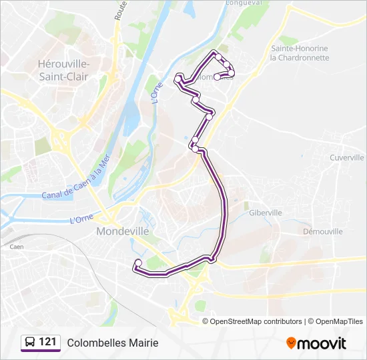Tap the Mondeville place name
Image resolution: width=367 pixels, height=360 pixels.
tap(123, 231)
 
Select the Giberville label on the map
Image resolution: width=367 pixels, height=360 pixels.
tap(265, 213)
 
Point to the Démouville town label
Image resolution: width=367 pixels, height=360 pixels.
tap(322, 231)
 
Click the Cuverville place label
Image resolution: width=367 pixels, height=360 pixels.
tap(347, 158)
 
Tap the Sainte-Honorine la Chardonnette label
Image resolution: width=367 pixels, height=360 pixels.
tap(300, 53)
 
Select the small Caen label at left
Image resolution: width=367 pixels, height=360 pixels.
tap(17, 247)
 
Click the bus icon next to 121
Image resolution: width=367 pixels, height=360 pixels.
tap(30, 343)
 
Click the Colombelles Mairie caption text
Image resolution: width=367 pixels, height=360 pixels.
tap(113, 343)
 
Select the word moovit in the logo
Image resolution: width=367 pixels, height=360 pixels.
tap(322, 343)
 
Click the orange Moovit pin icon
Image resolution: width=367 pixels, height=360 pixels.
tap(291, 343)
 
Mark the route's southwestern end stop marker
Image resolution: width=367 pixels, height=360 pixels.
tap(137, 263)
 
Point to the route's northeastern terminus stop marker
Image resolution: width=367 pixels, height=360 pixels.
tap(217, 77)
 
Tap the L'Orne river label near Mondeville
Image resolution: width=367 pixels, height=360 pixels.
tap(81, 219)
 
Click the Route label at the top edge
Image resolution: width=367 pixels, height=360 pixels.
tap(120, 10)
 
